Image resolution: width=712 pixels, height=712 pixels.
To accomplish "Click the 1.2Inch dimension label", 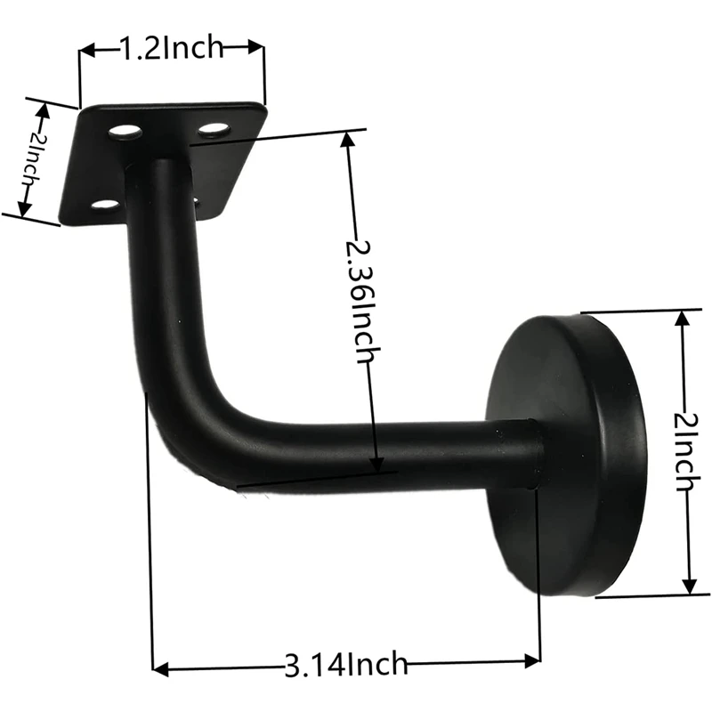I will pyautogui.click(x=173, y=48).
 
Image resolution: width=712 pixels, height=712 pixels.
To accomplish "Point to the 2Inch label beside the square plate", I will pyautogui.click(x=29, y=158).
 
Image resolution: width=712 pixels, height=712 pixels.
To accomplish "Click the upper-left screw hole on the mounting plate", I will pyautogui.click(x=125, y=133).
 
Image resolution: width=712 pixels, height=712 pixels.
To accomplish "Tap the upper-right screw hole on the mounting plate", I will pyautogui.click(x=214, y=130).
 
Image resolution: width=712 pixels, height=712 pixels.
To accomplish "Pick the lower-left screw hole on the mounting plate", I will pyautogui.click(x=105, y=206).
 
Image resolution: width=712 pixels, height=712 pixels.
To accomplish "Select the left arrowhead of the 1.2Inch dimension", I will pyautogui.click(x=87, y=52).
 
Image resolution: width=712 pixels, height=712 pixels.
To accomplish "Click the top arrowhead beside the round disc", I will pyautogui.click(x=683, y=318).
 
